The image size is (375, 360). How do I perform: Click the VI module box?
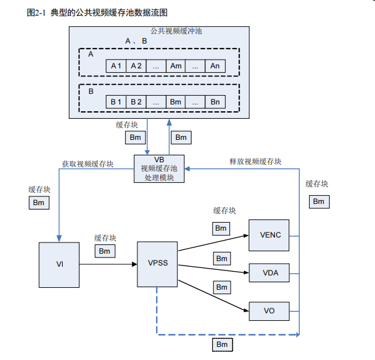pyautogui.click(x=60, y=264)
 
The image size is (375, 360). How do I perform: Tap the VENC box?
pyautogui.click(x=270, y=235)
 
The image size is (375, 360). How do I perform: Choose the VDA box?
pyautogui.click(x=270, y=272)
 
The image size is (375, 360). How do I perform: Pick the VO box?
pyautogui.click(x=270, y=310)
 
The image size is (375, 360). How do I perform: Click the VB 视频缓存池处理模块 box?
pyautogui.click(x=159, y=168)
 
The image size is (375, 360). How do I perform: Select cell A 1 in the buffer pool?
pyautogui.click(x=116, y=66)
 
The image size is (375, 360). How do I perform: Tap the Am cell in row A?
pyautogui.click(x=175, y=66)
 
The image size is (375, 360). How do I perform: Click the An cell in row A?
pyautogui.click(x=215, y=66)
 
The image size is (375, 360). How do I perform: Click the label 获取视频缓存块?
pyautogui.click(x=87, y=164)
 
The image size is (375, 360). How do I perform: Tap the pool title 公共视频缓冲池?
pyautogui.click(x=176, y=30)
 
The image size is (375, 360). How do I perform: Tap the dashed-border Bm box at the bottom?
pyautogui.click(x=222, y=344)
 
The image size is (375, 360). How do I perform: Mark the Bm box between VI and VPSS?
pyautogui.click(x=104, y=251)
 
